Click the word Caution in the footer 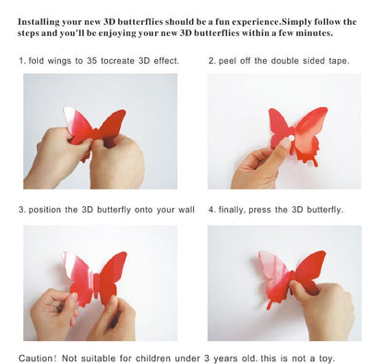pos(38,358)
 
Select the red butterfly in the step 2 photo pos(299,129)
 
